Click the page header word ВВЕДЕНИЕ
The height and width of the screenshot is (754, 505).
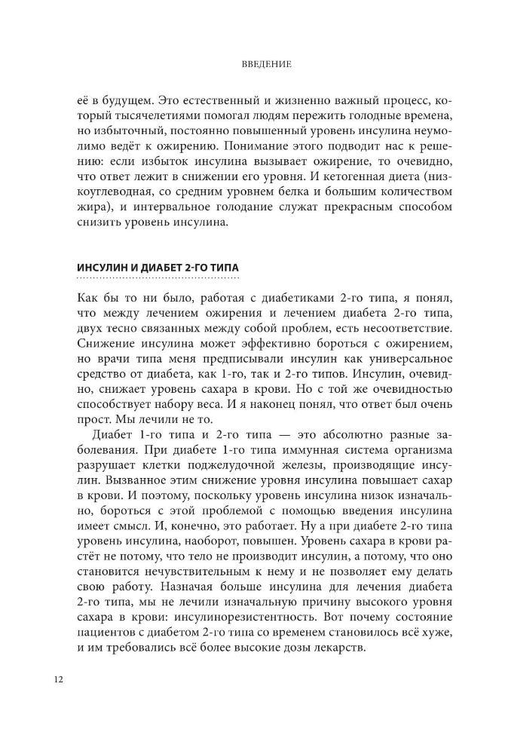pyautogui.click(x=252, y=65)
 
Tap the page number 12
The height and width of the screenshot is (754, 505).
pyautogui.click(x=58, y=679)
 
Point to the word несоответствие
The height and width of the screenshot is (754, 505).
pyautogui.click(x=392, y=327)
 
